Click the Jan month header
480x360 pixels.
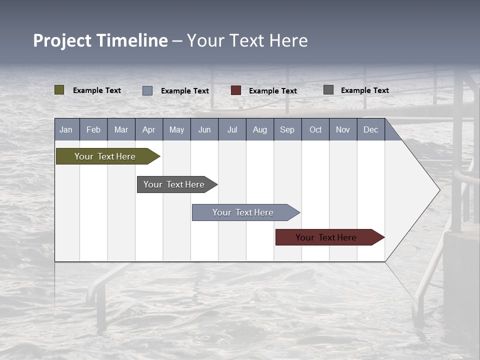click(x=66, y=129)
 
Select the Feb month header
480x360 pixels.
click(x=93, y=129)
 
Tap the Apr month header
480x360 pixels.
click(x=148, y=129)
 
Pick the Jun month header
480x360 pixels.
click(x=204, y=129)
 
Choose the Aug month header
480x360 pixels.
click(x=259, y=129)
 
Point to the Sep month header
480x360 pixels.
click(x=287, y=129)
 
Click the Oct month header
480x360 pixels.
click(x=315, y=129)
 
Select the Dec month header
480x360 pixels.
click(x=370, y=129)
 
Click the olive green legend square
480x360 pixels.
click(x=59, y=90)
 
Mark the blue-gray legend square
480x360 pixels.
click(x=147, y=90)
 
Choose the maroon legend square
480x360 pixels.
click(x=236, y=90)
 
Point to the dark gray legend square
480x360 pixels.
click(x=328, y=90)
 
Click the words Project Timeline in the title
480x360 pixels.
click(x=100, y=40)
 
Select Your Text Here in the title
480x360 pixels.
click(x=247, y=40)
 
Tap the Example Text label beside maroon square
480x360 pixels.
click(x=272, y=91)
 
